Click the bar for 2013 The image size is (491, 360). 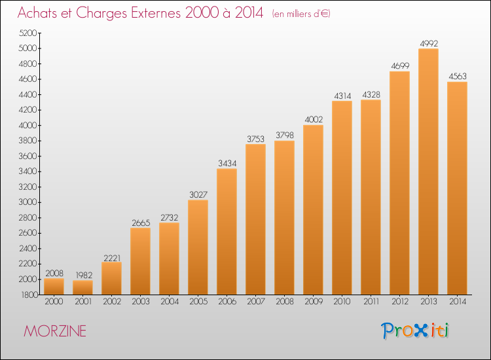point(428,171)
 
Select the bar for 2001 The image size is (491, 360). point(82,287)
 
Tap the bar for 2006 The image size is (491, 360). point(227,232)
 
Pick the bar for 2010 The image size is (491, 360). point(342,198)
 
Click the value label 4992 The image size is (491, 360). point(429,43)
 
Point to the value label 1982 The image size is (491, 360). point(84,275)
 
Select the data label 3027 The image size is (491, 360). point(198,194)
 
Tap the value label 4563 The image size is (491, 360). point(458,77)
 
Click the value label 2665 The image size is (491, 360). point(141,223)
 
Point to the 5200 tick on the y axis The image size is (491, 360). point(28,33)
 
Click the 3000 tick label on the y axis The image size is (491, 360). point(28,202)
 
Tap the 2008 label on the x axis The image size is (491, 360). point(285,302)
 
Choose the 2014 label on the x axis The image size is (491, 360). point(458,302)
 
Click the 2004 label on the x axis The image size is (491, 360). point(170,302)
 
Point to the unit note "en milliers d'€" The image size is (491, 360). point(301,14)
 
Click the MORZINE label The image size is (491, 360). point(55,331)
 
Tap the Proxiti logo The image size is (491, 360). point(415,331)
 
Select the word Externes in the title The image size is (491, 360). point(156,12)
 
